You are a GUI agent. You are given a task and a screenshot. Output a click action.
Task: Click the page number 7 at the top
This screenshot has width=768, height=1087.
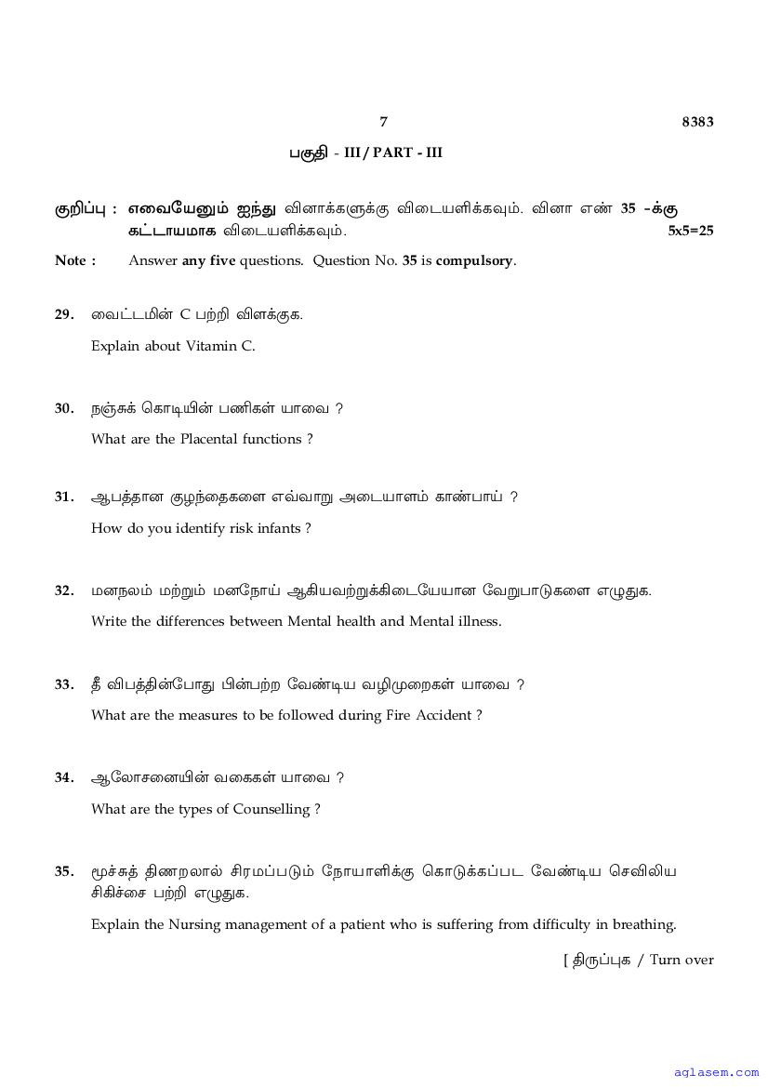click(x=383, y=122)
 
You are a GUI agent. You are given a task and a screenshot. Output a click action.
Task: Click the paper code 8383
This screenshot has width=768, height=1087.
click(x=697, y=122)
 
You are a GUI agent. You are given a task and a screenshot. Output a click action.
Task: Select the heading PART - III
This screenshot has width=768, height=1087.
click(x=408, y=152)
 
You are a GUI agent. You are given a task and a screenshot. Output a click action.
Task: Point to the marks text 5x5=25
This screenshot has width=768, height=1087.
click(x=691, y=231)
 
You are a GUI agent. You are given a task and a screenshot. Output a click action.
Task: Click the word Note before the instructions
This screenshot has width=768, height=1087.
click(x=71, y=260)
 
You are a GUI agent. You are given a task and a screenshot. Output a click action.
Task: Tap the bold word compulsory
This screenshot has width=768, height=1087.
click(x=474, y=260)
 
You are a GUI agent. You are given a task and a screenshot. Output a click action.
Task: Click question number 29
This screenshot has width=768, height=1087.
click(x=63, y=314)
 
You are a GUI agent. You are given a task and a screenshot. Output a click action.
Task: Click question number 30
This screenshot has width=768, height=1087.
click(x=63, y=408)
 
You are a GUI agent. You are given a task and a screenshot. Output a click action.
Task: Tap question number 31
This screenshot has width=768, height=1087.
click(x=63, y=497)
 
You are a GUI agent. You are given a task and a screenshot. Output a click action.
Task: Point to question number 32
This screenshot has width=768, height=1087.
click(x=63, y=590)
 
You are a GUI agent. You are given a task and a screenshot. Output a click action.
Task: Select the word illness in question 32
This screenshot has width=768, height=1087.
click(x=476, y=621)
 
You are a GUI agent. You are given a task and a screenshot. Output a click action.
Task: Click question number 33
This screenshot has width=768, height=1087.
click(x=63, y=684)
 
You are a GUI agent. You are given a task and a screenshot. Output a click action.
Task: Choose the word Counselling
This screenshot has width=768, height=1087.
click(x=272, y=809)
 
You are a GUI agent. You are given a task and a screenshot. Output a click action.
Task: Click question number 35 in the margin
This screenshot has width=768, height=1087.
click(x=63, y=871)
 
